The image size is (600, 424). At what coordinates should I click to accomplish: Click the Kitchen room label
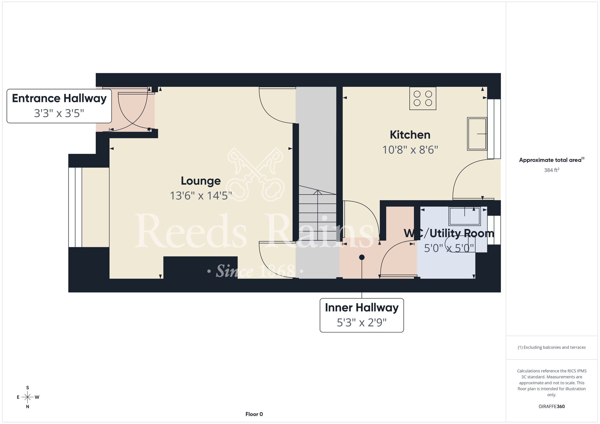click(x=410, y=135)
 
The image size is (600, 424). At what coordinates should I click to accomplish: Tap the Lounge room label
click(x=201, y=181)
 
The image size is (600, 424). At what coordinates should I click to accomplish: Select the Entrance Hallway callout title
click(x=59, y=98)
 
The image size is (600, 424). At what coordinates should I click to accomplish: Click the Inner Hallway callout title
click(x=362, y=308)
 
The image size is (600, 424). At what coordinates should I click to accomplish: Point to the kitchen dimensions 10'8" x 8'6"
click(x=410, y=150)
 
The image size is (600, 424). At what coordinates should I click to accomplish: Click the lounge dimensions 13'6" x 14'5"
click(x=201, y=196)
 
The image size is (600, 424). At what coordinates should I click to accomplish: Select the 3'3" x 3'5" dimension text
click(x=59, y=113)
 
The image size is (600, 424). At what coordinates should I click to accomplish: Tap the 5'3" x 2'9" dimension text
click(x=362, y=323)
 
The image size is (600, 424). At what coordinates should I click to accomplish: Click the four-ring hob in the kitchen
click(x=423, y=98)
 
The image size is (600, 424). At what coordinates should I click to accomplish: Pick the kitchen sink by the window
click(x=477, y=134)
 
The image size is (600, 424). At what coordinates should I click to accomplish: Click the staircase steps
click(x=317, y=216)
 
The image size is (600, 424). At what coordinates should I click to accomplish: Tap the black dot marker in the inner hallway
click(x=362, y=257)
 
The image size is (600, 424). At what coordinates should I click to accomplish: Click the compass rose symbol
click(x=28, y=397)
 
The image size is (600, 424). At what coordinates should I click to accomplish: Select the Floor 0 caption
click(x=254, y=414)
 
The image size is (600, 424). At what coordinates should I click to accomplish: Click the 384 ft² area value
click(x=552, y=170)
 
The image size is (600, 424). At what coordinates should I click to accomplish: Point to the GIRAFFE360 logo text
click(x=552, y=407)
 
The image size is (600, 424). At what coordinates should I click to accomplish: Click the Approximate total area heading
click(x=552, y=160)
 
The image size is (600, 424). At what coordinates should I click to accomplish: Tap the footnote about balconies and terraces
click(x=552, y=347)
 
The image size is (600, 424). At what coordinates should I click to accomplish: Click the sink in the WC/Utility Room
click(x=465, y=216)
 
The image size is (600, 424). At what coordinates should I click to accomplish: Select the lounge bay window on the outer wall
click(x=75, y=207)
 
